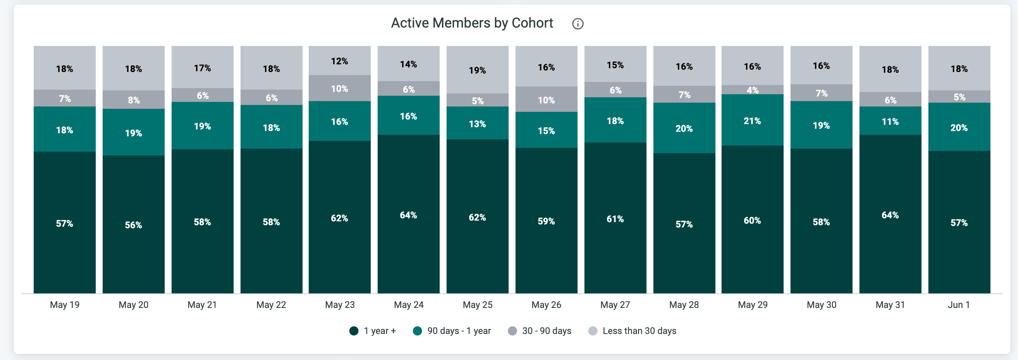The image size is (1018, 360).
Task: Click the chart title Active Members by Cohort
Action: (472, 23)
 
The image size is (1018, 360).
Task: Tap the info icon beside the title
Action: (578, 24)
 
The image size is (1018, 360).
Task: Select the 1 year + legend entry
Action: (373, 331)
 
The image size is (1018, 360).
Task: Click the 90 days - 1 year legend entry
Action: (452, 331)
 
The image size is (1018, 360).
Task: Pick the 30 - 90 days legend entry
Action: (539, 331)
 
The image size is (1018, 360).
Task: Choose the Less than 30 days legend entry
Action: (632, 331)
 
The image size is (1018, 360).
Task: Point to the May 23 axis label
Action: (340, 305)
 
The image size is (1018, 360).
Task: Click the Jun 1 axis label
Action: (959, 305)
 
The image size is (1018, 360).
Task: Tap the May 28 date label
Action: (684, 305)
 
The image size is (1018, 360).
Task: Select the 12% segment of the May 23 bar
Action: (340, 61)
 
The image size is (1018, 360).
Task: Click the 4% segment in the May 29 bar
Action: (753, 90)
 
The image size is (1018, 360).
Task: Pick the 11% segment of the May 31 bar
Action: (890, 121)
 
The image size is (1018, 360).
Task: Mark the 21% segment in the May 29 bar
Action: (753, 120)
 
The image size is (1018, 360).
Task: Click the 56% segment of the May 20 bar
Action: (134, 224)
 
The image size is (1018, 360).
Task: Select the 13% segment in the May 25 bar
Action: (477, 123)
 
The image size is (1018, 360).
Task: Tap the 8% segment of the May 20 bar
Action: (134, 100)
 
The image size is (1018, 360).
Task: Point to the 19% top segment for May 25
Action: (477, 70)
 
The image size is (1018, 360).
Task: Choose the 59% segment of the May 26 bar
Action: (546, 221)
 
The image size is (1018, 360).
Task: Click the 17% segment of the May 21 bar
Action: (202, 67)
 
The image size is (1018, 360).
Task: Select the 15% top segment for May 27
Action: (615, 64)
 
